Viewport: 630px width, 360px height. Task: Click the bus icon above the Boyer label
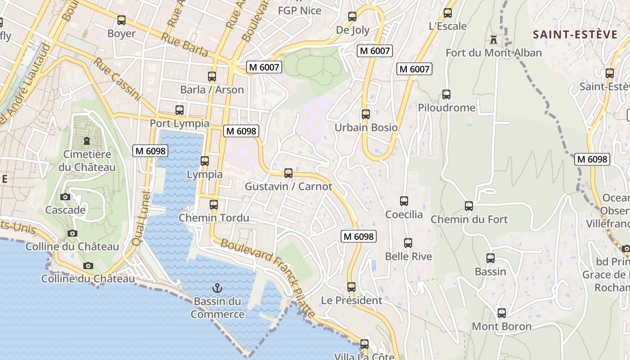[x=121, y=20]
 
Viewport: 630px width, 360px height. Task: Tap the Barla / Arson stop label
[x=212, y=90]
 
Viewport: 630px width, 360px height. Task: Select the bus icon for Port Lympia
[x=180, y=110]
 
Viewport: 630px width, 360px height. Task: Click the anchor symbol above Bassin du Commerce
[x=217, y=288]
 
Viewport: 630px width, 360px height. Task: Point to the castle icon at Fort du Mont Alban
[x=494, y=40]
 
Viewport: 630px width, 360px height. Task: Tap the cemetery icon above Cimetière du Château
[x=86, y=141]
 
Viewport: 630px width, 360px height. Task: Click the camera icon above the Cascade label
[x=65, y=197]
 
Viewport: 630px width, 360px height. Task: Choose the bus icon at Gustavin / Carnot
[x=288, y=173]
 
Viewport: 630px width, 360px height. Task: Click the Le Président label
[x=351, y=300]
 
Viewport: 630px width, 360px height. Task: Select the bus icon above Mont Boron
[x=501, y=313]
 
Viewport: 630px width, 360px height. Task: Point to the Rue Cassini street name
[x=117, y=78]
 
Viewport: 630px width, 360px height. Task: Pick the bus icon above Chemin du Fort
[x=469, y=206]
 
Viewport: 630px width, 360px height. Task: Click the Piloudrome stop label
[x=446, y=108]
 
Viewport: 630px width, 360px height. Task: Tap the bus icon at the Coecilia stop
[x=404, y=201]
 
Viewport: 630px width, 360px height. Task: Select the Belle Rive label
[x=408, y=256]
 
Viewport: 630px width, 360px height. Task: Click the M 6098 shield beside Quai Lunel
[x=150, y=151]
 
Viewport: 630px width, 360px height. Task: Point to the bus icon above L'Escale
[x=447, y=13]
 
